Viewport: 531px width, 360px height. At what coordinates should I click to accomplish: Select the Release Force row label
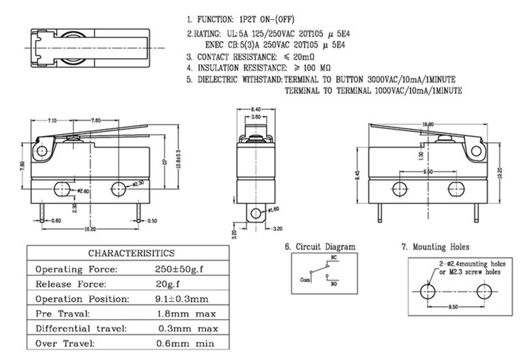click(71, 284)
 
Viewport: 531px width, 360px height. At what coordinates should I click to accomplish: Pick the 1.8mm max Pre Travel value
click(186, 313)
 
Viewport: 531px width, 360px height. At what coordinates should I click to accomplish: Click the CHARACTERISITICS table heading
click(131, 253)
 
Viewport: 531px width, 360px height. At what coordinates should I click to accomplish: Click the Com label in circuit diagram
click(304, 280)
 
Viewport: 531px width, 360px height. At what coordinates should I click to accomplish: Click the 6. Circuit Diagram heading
click(320, 246)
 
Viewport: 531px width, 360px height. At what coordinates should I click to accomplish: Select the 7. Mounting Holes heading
click(435, 246)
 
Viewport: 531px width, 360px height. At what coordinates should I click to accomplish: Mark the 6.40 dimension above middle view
click(256, 109)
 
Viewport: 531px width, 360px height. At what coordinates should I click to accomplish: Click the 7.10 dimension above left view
click(52, 120)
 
